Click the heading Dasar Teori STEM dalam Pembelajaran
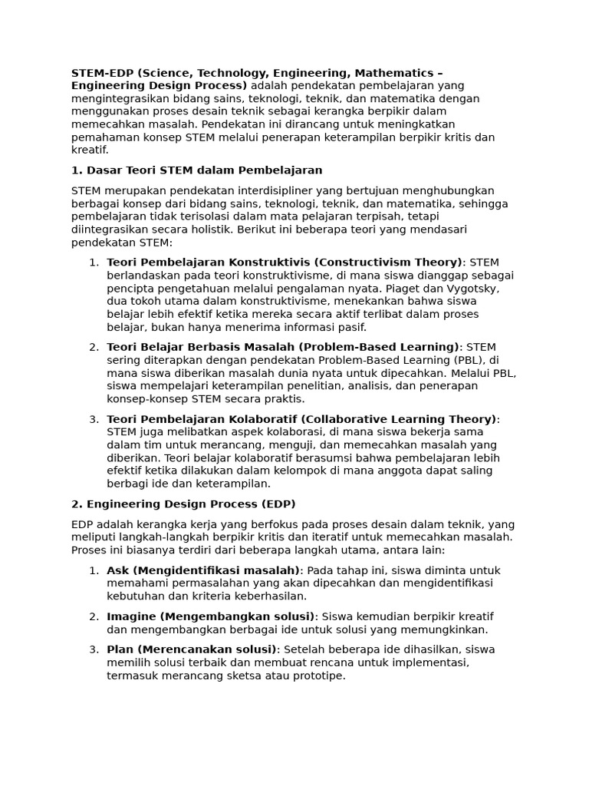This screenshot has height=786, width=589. (x=197, y=170)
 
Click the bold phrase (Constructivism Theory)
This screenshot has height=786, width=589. (x=389, y=263)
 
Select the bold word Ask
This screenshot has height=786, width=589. (x=117, y=570)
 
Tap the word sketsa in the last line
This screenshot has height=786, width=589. (x=239, y=675)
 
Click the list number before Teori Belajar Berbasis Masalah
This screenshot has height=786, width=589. (x=93, y=348)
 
